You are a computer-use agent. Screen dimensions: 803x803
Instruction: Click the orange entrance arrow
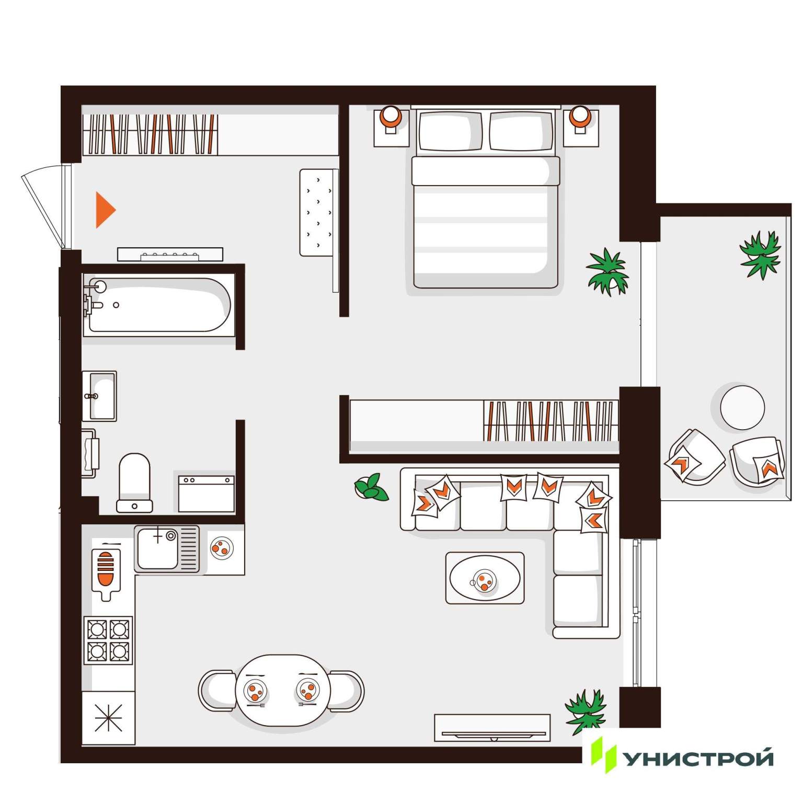point(104,210)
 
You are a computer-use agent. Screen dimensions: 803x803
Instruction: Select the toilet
point(135,483)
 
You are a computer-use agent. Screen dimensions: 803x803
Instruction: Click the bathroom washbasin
point(99,396)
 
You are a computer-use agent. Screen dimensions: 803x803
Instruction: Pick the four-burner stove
point(108,640)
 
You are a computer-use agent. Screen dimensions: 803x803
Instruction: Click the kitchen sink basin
point(157,548)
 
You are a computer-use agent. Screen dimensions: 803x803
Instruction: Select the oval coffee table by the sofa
point(485,578)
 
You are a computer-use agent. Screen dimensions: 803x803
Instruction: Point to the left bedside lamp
point(390,117)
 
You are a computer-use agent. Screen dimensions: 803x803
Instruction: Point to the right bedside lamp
point(580,117)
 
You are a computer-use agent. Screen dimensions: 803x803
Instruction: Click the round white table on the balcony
point(742,407)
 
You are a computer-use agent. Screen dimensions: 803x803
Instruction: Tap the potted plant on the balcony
point(761,255)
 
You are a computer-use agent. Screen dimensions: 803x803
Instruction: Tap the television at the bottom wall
point(492,728)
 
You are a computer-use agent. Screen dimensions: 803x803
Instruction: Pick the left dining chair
point(217,691)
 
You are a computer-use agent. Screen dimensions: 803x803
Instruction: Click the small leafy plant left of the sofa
point(371,487)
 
